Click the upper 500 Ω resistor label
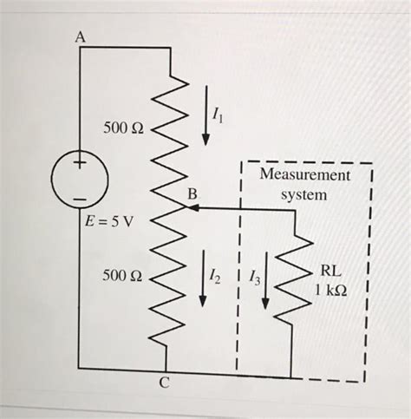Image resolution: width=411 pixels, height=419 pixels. click(x=122, y=128)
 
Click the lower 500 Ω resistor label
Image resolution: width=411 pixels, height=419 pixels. click(x=121, y=276)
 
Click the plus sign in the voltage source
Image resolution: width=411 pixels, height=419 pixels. click(x=80, y=163)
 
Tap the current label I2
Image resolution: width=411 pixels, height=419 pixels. click(x=219, y=276)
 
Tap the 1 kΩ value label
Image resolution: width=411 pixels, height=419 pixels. click(x=332, y=290)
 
